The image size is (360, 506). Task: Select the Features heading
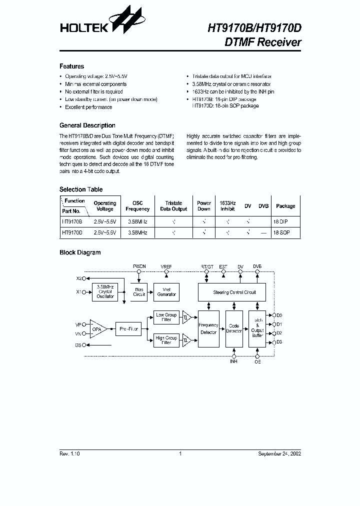(x=71, y=66)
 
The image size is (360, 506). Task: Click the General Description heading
(x=87, y=125)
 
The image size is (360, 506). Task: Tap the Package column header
(x=285, y=206)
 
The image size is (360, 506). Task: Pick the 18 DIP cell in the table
(x=281, y=220)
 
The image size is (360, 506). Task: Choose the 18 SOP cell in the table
(x=281, y=232)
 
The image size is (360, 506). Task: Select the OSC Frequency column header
(x=137, y=206)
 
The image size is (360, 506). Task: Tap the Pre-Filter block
(x=129, y=328)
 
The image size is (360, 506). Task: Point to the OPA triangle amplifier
(x=98, y=329)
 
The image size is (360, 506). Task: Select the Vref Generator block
(x=166, y=292)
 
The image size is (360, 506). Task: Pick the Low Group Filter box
(x=166, y=317)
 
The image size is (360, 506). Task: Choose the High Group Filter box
(x=166, y=340)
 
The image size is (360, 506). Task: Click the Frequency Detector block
(x=208, y=328)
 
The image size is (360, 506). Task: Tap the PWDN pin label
(x=139, y=267)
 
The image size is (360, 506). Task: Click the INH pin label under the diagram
(x=233, y=361)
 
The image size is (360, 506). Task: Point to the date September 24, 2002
(x=279, y=453)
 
